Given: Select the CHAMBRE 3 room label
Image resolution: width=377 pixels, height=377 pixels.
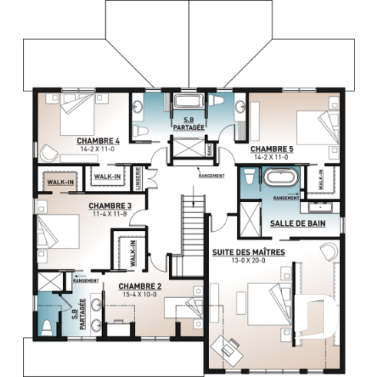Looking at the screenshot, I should point(110,206).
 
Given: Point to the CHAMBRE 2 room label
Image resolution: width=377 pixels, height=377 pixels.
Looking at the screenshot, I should point(139,286).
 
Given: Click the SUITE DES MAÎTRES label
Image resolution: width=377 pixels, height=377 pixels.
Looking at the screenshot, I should point(248,251).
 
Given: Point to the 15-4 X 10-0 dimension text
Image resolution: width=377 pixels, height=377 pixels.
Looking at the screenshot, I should point(139,294).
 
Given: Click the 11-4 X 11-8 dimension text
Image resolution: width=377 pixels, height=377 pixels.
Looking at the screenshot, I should point(110,214).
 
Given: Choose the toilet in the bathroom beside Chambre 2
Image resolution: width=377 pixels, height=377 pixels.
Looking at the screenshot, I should point(48,326).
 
